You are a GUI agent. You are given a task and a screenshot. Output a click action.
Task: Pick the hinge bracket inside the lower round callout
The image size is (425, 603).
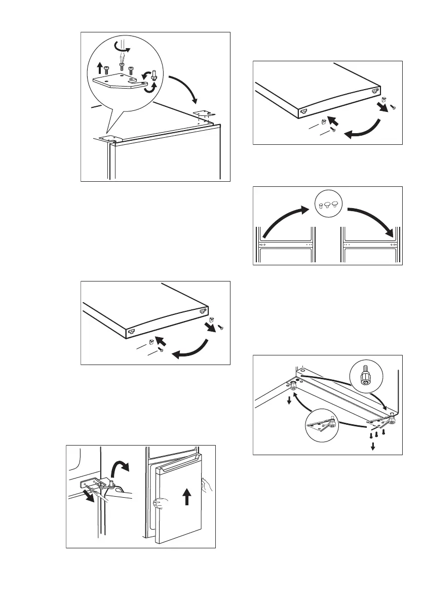coord(324,423)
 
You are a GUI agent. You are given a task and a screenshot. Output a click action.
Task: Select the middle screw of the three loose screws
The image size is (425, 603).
coord(377,434)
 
